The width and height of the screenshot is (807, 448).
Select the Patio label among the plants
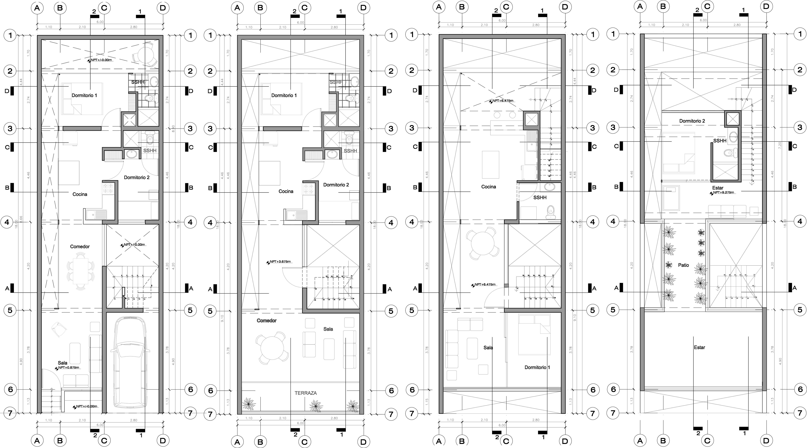click(x=683, y=265)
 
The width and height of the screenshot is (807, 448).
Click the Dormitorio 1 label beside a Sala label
click(x=537, y=367)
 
